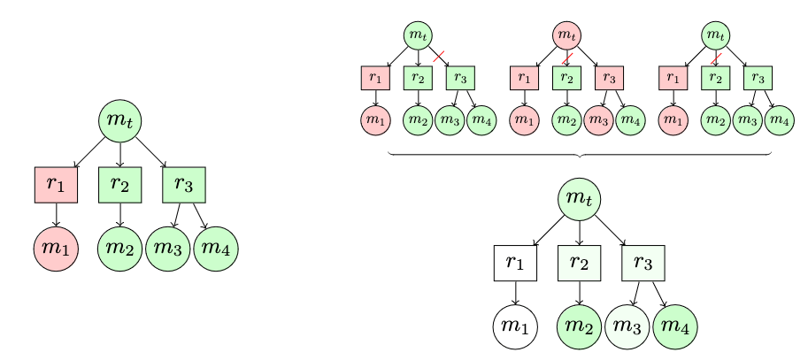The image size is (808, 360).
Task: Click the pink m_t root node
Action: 566,35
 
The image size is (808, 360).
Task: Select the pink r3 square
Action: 609,78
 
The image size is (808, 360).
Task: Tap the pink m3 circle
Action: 598,119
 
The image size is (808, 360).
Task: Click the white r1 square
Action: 515,262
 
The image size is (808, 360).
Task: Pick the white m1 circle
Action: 515,326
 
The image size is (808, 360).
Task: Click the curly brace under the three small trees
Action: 580,155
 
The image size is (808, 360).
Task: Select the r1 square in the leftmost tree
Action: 56,185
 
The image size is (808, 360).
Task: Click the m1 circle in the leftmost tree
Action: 56,250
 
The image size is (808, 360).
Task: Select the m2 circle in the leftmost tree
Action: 120,250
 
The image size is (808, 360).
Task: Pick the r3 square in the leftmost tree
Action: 184,185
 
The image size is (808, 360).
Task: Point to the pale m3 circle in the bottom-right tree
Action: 627,326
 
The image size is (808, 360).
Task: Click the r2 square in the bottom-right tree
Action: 580,262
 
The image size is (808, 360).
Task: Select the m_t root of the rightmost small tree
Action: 715,35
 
